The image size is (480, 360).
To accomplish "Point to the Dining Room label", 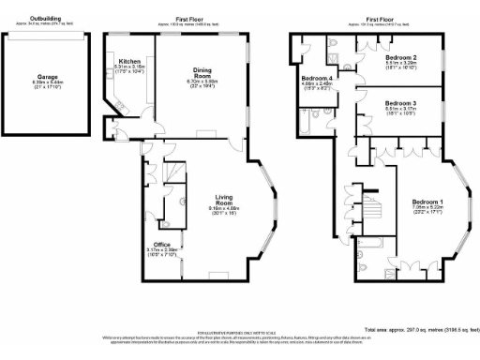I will (x=202, y=72).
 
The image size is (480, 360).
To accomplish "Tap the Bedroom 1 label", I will (x=427, y=202).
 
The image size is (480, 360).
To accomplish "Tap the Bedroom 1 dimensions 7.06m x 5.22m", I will (x=427, y=209).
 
